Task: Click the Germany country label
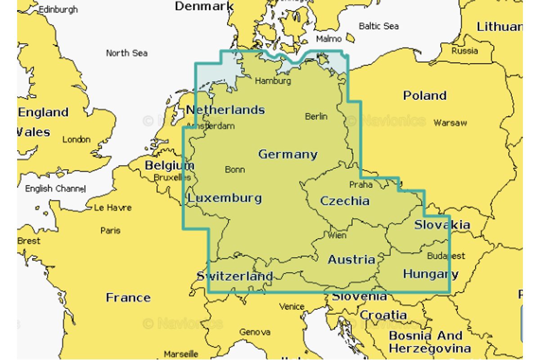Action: point(288,154)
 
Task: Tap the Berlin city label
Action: point(316,117)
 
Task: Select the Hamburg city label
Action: point(273,81)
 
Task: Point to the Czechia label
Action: point(345,201)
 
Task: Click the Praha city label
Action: point(361,184)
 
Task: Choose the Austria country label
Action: point(351,259)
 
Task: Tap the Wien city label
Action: point(337,235)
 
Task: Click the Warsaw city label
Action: point(450,122)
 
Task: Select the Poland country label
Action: point(424,95)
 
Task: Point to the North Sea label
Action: point(126,53)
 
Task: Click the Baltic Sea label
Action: point(378,26)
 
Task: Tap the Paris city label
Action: point(110,230)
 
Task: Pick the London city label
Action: point(76,139)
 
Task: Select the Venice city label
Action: point(292,306)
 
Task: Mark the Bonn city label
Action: point(235,170)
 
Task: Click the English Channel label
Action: point(55,189)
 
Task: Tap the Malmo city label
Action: point(328,39)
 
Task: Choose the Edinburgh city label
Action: point(58,9)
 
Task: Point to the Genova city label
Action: point(255,332)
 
